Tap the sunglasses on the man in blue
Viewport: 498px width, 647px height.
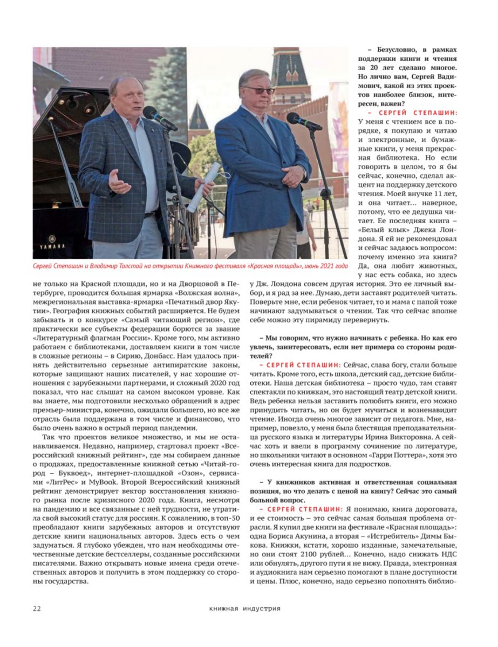(x=259, y=90)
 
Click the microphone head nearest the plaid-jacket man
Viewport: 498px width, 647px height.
(x=152, y=114)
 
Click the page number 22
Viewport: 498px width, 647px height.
(x=37, y=608)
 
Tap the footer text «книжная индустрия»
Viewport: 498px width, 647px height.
(x=245, y=608)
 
